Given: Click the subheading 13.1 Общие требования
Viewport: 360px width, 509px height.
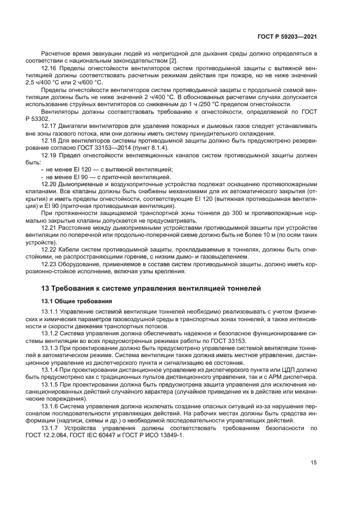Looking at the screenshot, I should point(77,301).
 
